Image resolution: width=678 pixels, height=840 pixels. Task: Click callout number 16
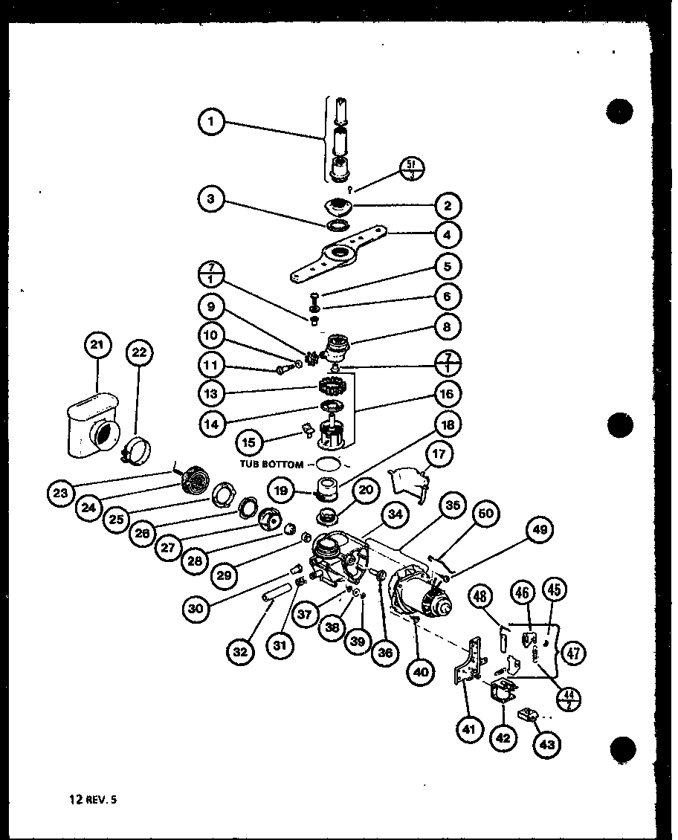point(447,393)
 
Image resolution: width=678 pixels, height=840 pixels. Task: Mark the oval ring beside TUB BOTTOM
point(328,464)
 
